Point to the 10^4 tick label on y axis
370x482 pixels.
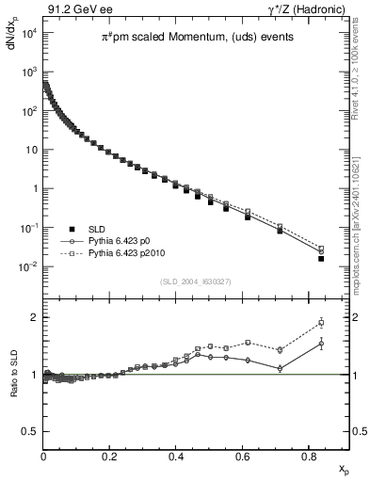(27, 33)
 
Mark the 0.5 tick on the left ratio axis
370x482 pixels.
(28, 431)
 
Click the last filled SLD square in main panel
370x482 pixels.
(321, 258)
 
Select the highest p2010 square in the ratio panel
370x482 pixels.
(321, 323)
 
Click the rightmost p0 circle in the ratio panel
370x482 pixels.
(321, 344)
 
